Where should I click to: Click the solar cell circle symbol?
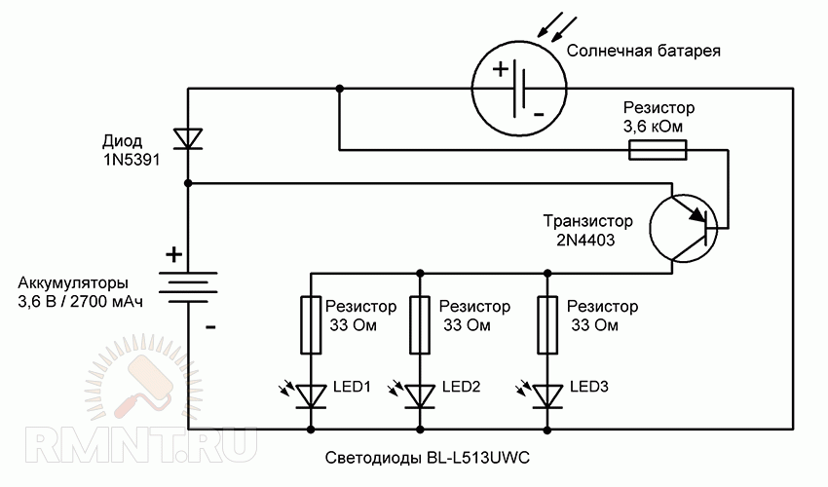(518, 90)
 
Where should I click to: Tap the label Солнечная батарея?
(643, 50)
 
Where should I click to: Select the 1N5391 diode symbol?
(188, 137)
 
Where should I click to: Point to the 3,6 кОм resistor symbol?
(659, 149)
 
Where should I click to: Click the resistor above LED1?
(311, 324)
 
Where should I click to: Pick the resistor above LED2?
(420, 324)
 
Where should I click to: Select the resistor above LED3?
(546, 324)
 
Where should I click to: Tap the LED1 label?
(353, 388)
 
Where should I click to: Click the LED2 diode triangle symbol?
(420, 395)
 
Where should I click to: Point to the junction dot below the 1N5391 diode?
(188, 182)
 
